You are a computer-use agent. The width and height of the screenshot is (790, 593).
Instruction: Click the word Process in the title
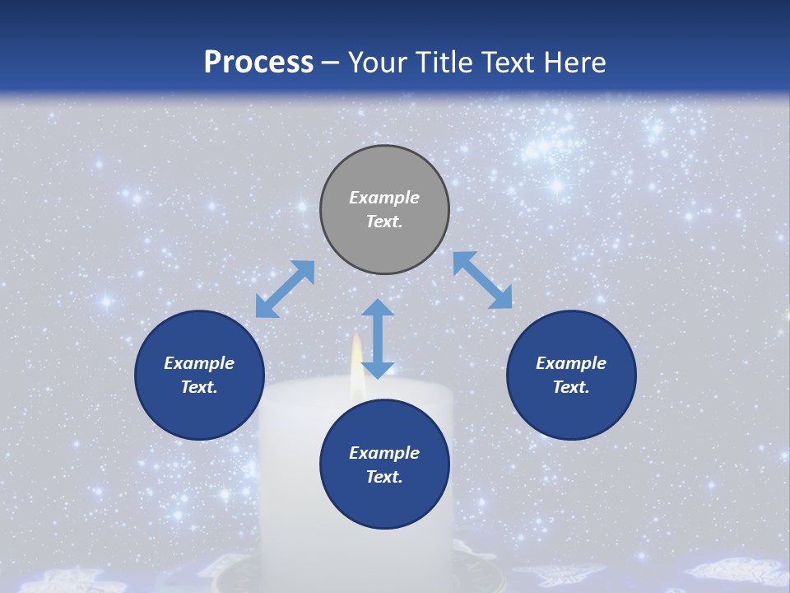coord(258,63)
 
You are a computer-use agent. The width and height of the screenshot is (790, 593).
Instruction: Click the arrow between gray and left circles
coord(285,288)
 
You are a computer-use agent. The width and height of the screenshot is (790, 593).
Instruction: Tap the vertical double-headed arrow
coord(378,339)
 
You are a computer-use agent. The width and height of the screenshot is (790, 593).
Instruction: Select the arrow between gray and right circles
coord(482,280)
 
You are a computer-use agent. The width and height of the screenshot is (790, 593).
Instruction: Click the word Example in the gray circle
coord(384,198)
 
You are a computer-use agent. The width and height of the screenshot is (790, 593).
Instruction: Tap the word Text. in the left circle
coord(199,387)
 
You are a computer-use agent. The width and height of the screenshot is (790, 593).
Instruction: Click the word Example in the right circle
coord(571,363)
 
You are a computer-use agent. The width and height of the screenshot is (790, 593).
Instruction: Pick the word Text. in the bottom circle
coord(384,477)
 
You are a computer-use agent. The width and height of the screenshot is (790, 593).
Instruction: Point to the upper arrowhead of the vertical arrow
coord(378,307)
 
